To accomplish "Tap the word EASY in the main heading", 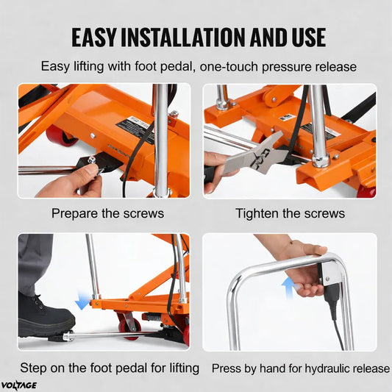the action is click(x=94, y=38).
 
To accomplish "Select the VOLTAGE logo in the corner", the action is click(x=18, y=385).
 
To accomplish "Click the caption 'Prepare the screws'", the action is click(x=108, y=213).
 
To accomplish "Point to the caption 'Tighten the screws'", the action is click(x=290, y=213).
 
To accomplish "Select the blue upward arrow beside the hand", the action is click(x=289, y=288).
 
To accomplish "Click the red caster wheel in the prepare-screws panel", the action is click(x=62, y=136).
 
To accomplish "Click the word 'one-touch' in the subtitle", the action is click(x=229, y=66).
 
